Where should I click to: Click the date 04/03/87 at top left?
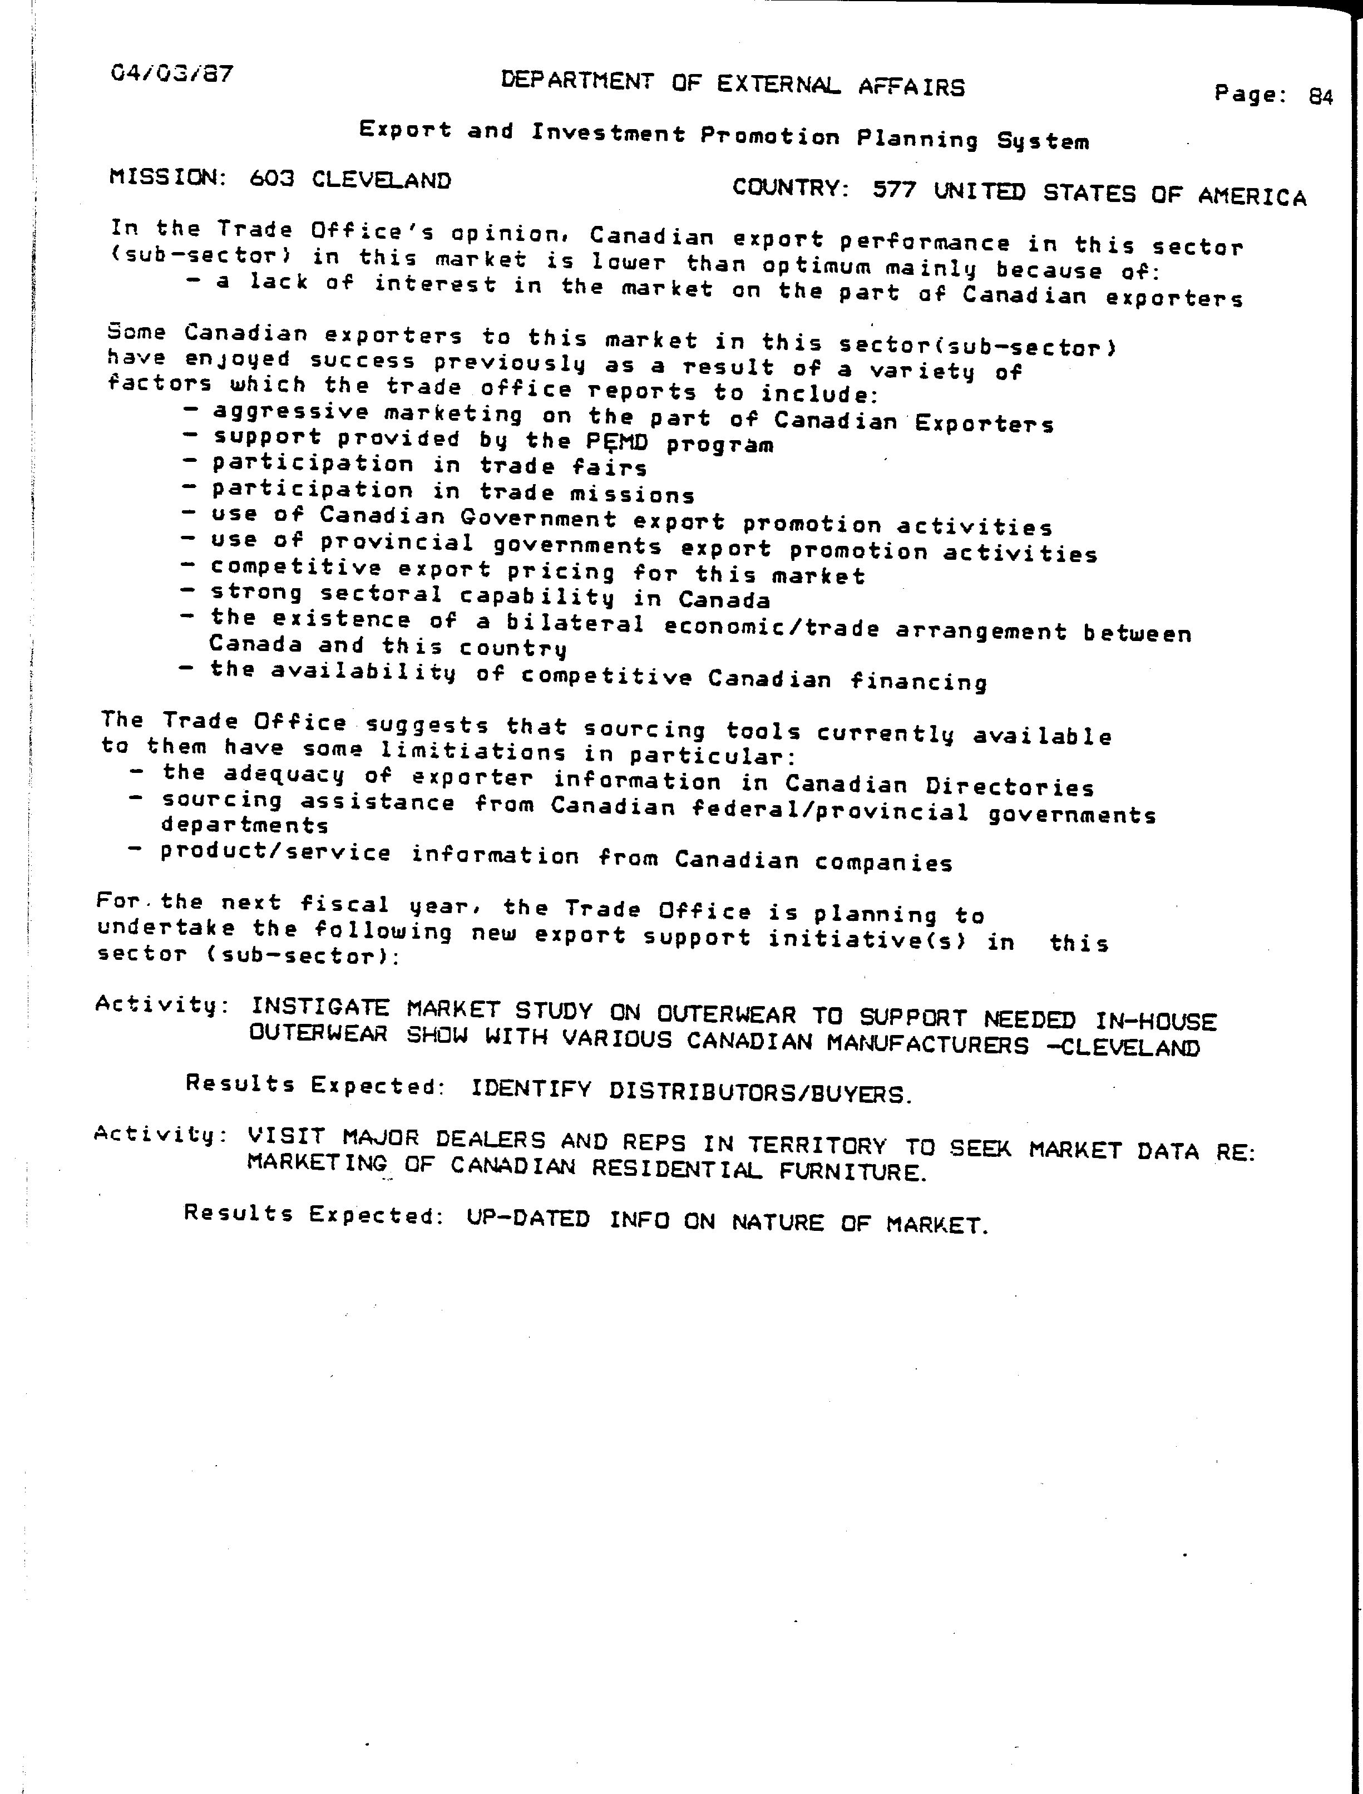coord(172,75)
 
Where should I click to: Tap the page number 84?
coord(1321,97)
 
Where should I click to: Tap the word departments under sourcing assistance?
coord(245,825)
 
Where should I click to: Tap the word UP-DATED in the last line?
coord(528,1219)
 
